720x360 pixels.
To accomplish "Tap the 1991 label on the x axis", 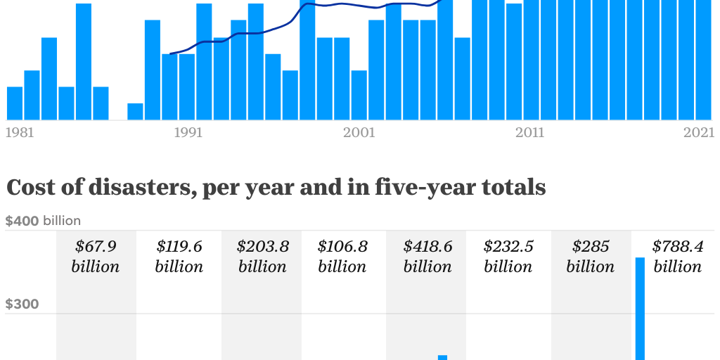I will [x=188, y=132].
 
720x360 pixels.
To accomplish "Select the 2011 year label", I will [x=529, y=132].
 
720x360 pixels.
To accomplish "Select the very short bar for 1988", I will [x=135, y=112].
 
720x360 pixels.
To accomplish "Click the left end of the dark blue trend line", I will [x=171, y=53].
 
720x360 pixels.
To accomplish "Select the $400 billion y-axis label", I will [x=43, y=221].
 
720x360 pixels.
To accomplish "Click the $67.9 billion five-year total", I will [x=96, y=257].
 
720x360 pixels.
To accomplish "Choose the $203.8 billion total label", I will [x=262, y=257].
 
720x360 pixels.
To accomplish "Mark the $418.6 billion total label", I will [x=427, y=257].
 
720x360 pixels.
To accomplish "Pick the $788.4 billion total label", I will [x=677, y=257].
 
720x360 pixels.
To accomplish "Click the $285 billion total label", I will [x=591, y=257].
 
